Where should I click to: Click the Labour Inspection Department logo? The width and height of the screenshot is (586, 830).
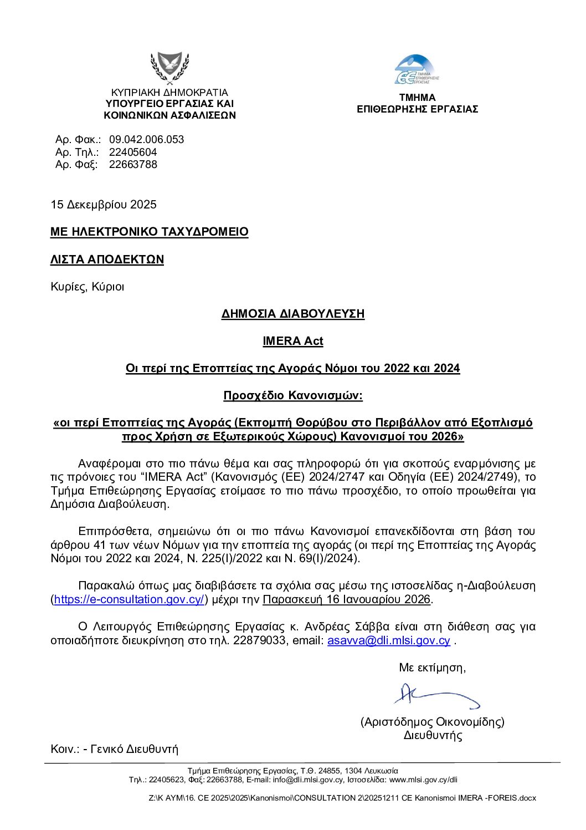click(417, 70)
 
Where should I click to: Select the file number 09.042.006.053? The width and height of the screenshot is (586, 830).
click(146, 140)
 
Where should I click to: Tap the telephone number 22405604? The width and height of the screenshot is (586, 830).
click(133, 152)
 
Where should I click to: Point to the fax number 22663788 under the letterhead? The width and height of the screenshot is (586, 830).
click(133, 165)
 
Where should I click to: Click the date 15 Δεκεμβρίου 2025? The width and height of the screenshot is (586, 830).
click(104, 205)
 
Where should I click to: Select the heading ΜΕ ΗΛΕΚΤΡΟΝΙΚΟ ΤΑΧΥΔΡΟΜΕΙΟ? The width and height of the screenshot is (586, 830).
click(149, 232)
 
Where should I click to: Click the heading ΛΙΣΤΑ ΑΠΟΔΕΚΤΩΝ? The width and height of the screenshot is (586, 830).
click(107, 259)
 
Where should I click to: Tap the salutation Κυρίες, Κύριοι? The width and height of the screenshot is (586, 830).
click(88, 287)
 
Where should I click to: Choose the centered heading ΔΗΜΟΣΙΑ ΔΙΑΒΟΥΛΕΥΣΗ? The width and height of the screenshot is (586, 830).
click(293, 314)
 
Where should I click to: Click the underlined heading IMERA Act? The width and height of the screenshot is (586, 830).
click(293, 341)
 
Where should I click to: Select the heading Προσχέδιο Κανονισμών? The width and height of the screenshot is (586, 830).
click(293, 395)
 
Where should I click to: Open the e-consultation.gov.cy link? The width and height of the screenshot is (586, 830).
click(130, 599)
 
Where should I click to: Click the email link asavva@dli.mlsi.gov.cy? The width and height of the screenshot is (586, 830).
click(389, 640)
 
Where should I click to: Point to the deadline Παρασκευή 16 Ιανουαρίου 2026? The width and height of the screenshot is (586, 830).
click(346, 599)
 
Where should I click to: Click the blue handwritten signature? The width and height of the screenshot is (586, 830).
click(435, 695)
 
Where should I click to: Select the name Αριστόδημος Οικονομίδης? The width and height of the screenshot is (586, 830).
click(433, 722)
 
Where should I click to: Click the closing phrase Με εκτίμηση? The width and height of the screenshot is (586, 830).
click(432, 668)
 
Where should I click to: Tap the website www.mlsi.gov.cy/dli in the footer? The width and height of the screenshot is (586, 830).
click(424, 780)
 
